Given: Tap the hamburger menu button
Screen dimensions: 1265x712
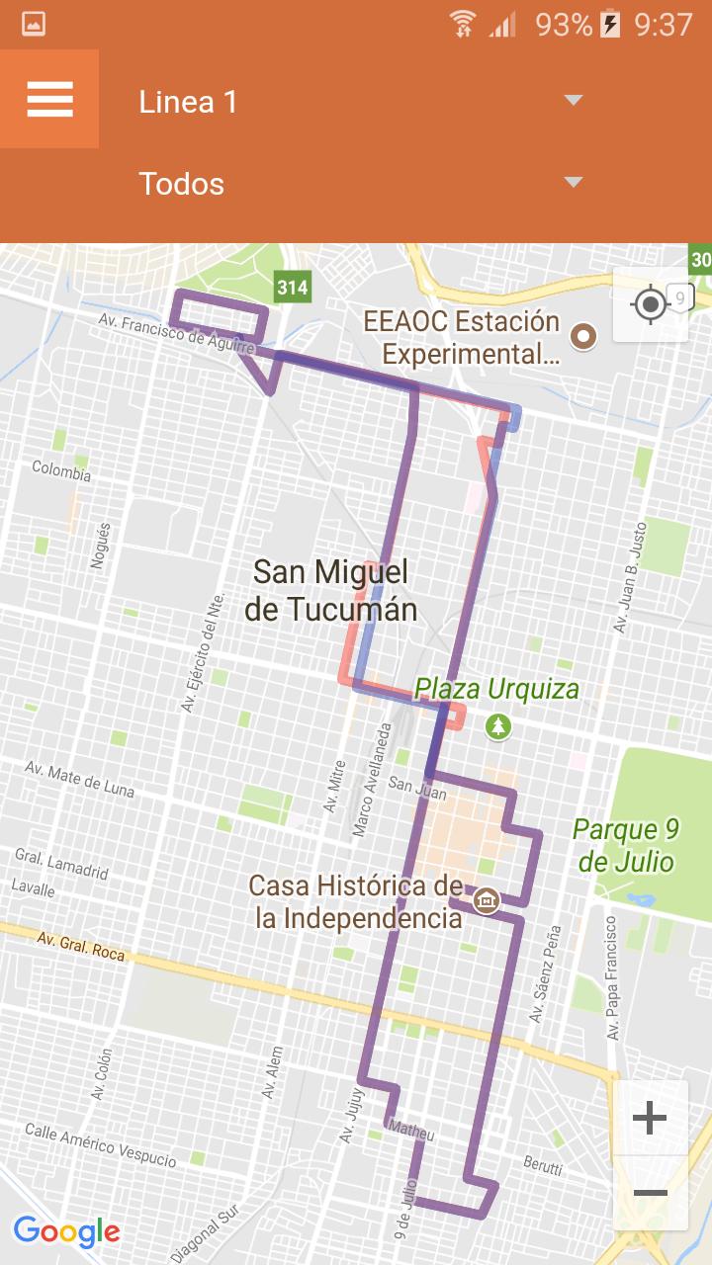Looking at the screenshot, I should pos(49,99).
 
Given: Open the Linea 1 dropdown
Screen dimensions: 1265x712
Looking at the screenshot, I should pos(356,102).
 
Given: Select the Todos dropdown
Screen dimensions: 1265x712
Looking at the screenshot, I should pos(356,184).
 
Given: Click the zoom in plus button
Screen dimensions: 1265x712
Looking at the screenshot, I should pos(650,1118).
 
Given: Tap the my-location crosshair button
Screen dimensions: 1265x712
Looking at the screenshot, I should pos(651,304).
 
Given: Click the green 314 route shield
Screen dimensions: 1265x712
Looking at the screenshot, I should pos(292,288).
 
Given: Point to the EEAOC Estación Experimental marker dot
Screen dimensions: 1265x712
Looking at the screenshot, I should pos(584,337).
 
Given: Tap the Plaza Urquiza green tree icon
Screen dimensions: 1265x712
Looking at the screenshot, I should pos(498,727).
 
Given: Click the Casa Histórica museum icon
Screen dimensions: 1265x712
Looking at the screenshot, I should pos(486,900).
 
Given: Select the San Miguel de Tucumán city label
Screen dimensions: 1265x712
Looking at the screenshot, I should pos(330,590).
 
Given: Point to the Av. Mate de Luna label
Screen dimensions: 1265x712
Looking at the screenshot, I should pos(79,779).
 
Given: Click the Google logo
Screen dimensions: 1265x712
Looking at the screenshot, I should pos(66,1231).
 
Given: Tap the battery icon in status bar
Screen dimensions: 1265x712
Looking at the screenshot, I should pos(610,24).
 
